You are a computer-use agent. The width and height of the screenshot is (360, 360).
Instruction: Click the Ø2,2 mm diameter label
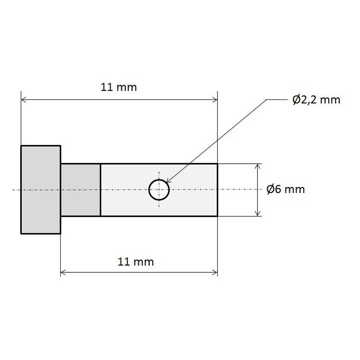[316, 100]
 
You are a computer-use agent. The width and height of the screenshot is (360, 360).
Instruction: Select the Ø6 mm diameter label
[286, 189]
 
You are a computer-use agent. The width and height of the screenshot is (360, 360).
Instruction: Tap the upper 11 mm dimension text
[119, 87]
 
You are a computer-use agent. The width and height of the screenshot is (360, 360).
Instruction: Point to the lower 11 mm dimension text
[136, 262]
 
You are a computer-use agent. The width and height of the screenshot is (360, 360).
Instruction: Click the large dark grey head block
[40, 189]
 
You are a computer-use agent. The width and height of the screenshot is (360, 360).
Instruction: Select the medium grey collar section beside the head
[81, 190]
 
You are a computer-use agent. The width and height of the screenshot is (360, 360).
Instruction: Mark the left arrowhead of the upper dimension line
[23, 99]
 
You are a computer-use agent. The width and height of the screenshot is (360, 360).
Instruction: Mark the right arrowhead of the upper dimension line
[215, 99]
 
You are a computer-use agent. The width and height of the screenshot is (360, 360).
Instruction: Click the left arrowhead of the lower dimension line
[63, 273]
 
